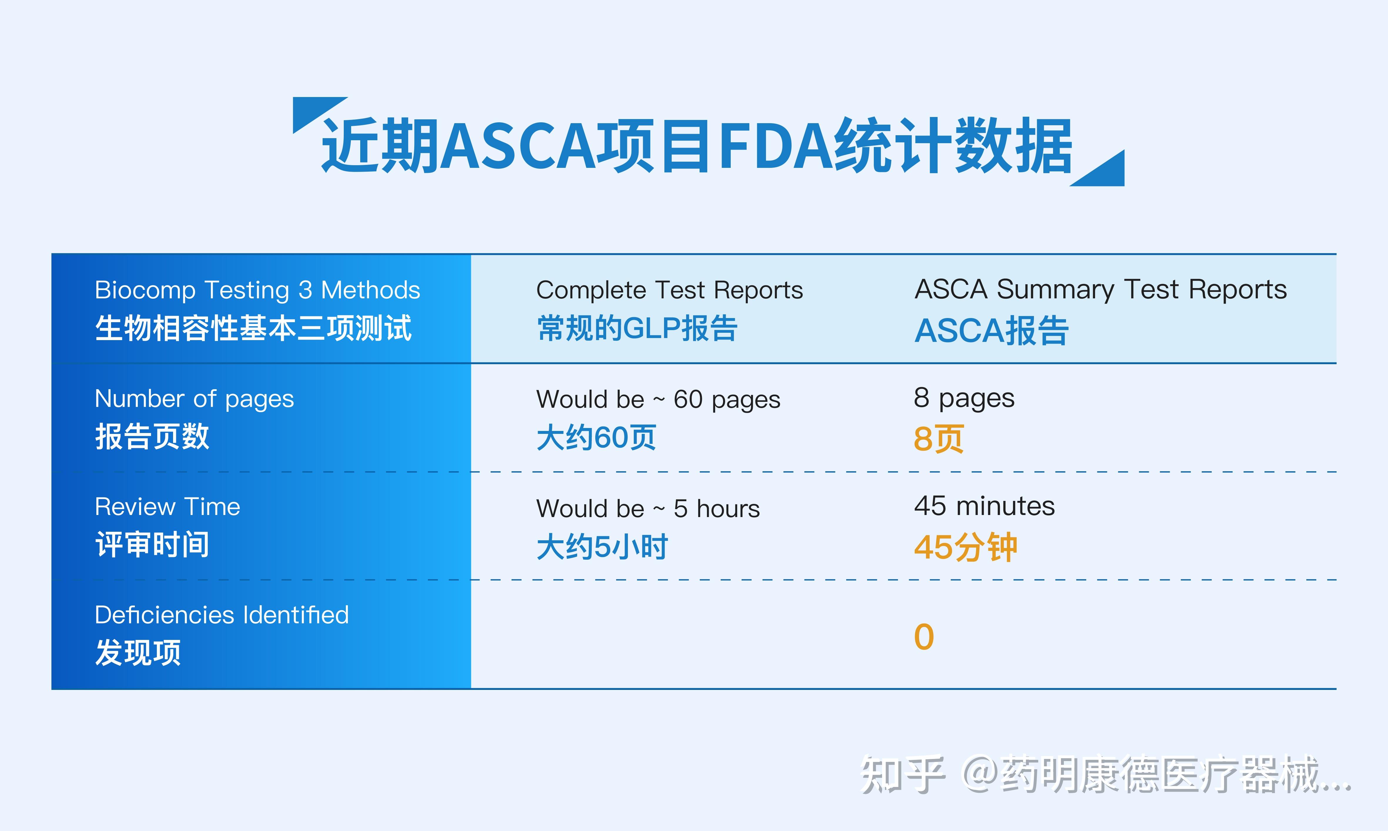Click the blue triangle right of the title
[1105, 173]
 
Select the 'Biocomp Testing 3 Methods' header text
[257, 290]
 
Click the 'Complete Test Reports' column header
[669, 290]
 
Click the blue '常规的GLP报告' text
[637, 329]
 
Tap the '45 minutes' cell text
[984, 506]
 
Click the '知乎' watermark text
[902, 775]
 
